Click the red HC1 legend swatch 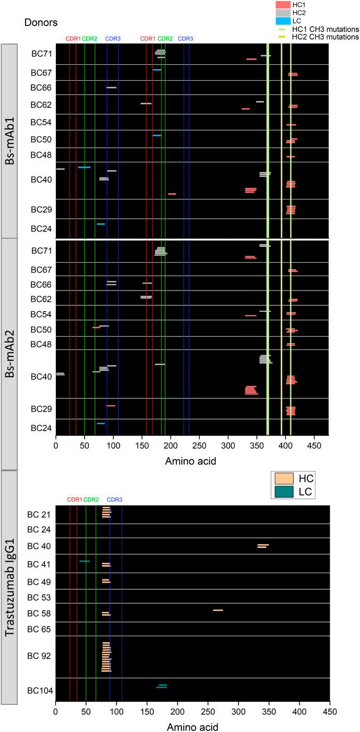point(283,4)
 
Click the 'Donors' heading point(41,22)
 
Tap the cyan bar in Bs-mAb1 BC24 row point(101,224)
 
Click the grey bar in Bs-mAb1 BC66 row point(111,87)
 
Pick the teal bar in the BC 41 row point(85,561)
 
